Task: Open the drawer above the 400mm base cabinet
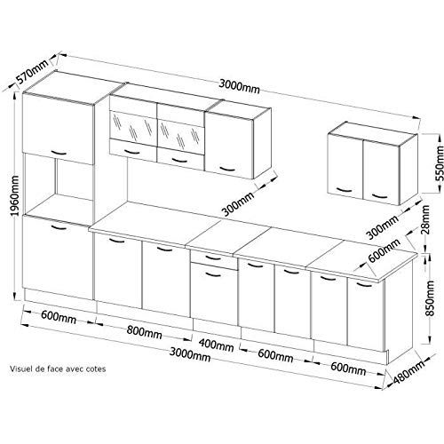tap(213, 258)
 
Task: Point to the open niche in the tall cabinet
tap(57, 186)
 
